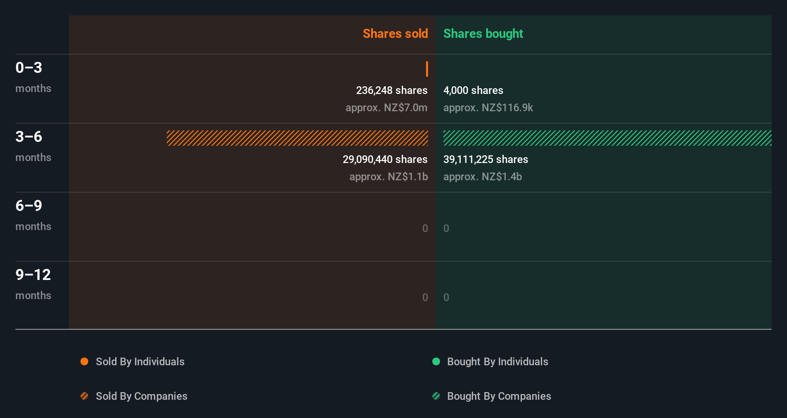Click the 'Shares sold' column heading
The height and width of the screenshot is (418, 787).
click(x=395, y=34)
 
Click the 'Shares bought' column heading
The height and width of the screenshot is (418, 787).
click(x=483, y=34)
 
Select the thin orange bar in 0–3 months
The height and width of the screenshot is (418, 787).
click(x=427, y=69)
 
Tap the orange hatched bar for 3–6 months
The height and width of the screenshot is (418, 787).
click(x=297, y=138)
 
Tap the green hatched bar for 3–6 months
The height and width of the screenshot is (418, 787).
click(x=607, y=138)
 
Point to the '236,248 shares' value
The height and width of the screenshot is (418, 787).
click(x=392, y=90)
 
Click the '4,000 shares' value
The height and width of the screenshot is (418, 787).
click(x=473, y=90)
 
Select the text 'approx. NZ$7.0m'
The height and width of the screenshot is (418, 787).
click(x=386, y=107)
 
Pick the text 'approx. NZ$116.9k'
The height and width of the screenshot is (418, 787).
click(x=488, y=107)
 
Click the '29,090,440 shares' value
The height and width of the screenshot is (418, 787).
click(x=385, y=159)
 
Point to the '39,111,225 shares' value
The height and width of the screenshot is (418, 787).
click(x=486, y=159)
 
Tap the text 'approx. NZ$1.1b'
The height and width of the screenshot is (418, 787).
click(x=388, y=176)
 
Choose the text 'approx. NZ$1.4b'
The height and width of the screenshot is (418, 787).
click(x=482, y=176)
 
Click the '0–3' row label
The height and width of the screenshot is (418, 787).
click(x=29, y=68)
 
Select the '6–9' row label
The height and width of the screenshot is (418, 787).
click(x=29, y=206)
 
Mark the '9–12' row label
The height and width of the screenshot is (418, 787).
click(x=33, y=275)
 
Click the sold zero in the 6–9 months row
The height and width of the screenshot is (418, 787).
click(x=425, y=228)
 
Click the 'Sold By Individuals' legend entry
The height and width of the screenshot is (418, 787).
click(x=139, y=361)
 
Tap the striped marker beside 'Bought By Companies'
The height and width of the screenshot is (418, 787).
click(x=436, y=396)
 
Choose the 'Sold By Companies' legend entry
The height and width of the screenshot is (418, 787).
click(x=141, y=396)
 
